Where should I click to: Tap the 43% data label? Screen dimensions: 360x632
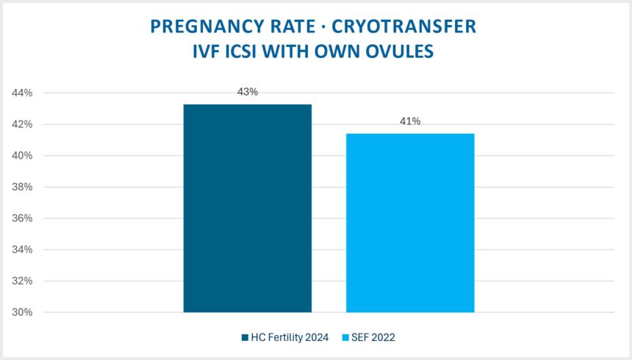pos(247,92)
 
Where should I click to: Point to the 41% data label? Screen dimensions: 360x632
pos(410,121)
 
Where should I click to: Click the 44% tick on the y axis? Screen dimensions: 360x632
pos(22,93)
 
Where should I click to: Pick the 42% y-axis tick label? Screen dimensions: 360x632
pos(22,125)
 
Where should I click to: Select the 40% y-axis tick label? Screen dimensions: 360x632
pos(22,156)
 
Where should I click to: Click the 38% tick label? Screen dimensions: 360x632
pos(22,187)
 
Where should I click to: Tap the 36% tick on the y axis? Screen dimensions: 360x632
pos(22,218)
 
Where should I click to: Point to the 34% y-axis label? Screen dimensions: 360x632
pos(22,250)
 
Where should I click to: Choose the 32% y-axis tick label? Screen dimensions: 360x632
pos(22,281)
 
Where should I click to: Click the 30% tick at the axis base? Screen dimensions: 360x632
pos(22,312)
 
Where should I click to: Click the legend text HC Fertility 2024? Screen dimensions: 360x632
pos(290,337)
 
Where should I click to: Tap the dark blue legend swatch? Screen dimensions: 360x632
pos(245,337)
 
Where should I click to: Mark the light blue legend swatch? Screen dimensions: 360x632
pos(345,337)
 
